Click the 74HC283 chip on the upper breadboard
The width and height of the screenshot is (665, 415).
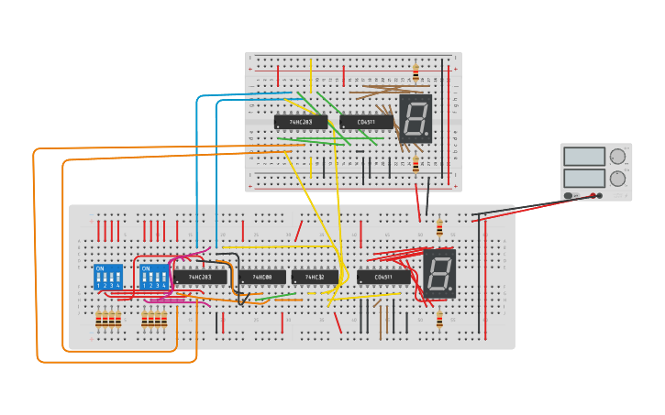pos(300,122)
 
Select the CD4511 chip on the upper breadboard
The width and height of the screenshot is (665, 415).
pos(366,122)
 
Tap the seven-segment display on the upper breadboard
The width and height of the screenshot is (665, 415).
pos(416,118)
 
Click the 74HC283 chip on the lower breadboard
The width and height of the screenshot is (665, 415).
pos(200,277)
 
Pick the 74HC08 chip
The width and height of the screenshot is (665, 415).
pos(263,277)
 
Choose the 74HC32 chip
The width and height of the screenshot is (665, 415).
pos(315,277)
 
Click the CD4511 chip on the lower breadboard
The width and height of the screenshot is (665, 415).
pos(383,277)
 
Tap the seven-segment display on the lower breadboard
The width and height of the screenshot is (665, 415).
pos(439,273)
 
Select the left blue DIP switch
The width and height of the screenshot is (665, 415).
pos(107,277)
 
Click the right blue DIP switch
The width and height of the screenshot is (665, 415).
pos(153,277)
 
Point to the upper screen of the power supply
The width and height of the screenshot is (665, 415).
pos(584,157)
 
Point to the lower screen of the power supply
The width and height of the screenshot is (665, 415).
pos(584,178)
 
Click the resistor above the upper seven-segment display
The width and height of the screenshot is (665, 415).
pos(416,72)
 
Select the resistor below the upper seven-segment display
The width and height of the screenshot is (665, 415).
pos(416,166)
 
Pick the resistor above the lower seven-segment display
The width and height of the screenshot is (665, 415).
pos(439,227)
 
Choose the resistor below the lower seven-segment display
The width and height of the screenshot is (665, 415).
pos(439,320)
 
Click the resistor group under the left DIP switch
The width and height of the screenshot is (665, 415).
pos(108,319)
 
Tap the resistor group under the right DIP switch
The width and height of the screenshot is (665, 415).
pos(154,319)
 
